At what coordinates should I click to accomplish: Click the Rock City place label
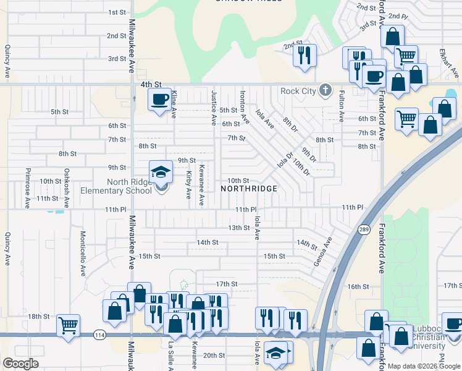pos(298,91)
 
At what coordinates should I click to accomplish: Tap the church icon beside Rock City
pos(325,91)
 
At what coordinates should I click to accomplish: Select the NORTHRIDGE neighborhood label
pos(248,187)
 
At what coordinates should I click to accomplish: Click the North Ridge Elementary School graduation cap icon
pos(161,172)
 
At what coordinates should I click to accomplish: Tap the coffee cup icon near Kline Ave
pos(159,98)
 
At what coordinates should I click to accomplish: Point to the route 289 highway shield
pos(363,229)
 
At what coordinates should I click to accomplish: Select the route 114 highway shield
pos(99,335)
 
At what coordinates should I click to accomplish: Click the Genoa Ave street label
pos(323,250)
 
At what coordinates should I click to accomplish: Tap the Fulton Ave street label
pos(341,106)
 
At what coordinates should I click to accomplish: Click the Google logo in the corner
pos(21,363)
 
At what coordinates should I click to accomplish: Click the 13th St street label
pos(239,228)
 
